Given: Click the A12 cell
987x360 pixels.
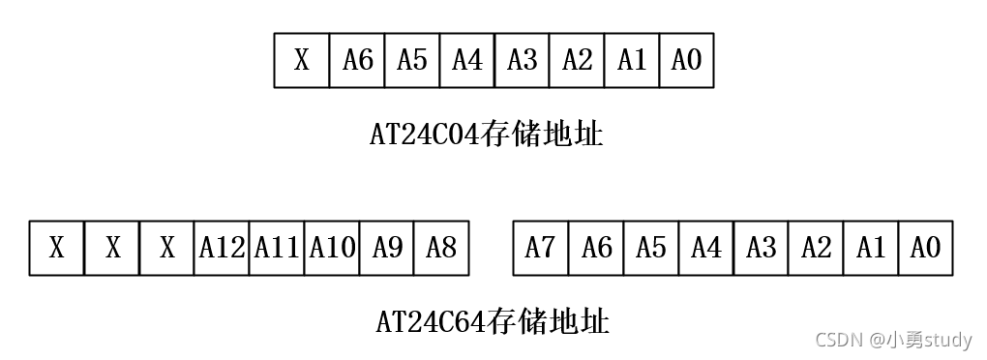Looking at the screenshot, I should [222, 249].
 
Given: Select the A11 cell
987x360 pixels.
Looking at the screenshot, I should [277, 249].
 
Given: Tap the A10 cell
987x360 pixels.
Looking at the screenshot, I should [332, 249].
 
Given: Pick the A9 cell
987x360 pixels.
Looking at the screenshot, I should [387, 249].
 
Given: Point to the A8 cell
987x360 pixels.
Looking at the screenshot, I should [441, 249].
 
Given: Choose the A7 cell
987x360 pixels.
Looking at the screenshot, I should [540, 249].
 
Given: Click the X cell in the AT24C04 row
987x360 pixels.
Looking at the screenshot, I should [302, 61].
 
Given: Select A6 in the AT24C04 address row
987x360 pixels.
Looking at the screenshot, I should [357, 61].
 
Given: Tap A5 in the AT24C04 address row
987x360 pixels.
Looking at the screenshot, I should [412, 61].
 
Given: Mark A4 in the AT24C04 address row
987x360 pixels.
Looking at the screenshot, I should [467, 61].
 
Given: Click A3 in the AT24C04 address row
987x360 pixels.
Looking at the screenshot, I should [522, 61].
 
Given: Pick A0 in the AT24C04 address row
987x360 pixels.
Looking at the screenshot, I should [686, 61].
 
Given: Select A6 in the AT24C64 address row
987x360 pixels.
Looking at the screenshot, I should [596, 249].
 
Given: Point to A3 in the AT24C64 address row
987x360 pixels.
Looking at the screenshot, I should [761, 249].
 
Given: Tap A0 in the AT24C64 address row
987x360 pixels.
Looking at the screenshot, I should [926, 249].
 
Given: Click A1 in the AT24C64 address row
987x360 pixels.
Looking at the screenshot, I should [871, 249].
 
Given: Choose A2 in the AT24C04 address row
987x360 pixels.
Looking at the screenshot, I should [577, 61].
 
